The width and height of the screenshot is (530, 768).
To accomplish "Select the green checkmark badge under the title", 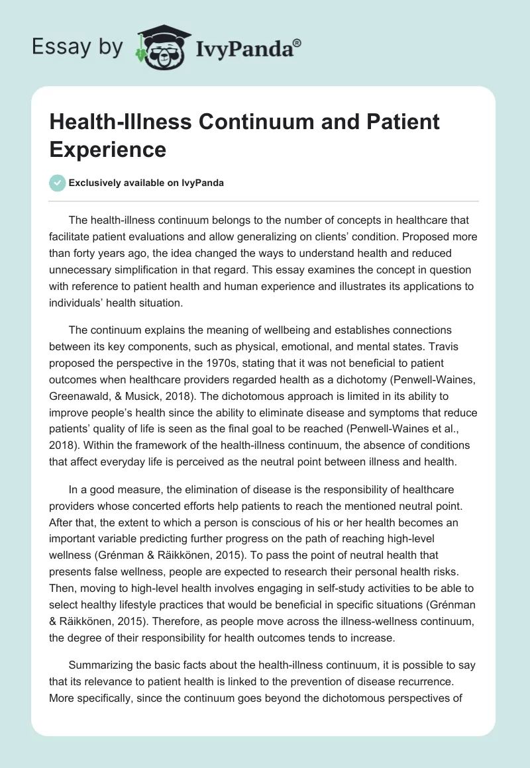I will [x=58, y=183].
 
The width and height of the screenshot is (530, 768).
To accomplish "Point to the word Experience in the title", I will [x=108, y=149].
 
